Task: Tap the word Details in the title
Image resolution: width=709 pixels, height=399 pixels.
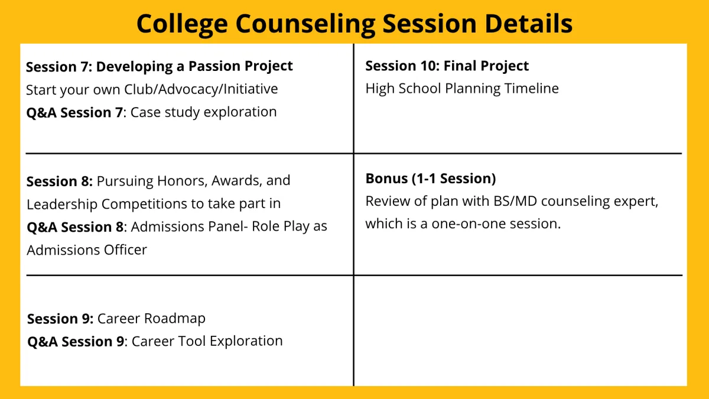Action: click(x=529, y=23)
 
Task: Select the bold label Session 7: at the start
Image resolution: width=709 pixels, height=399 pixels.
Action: click(x=59, y=67)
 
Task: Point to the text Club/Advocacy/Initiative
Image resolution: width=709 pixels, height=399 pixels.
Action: click(x=201, y=89)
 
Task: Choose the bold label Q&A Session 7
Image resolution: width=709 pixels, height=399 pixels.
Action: click(x=74, y=112)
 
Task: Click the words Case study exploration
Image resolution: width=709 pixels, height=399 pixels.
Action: click(x=203, y=112)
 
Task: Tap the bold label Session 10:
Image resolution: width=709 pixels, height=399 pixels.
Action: click(x=402, y=66)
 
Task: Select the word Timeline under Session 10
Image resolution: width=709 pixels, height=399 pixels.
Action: click(x=531, y=88)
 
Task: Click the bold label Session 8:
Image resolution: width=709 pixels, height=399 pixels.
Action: click(x=60, y=181)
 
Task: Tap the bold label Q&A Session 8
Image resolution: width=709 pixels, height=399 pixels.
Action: click(x=75, y=227)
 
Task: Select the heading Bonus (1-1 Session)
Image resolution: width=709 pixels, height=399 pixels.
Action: click(x=431, y=179)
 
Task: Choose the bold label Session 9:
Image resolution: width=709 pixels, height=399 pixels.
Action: click(x=60, y=319)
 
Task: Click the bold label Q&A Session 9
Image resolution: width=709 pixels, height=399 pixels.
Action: click(x=76, y=342)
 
